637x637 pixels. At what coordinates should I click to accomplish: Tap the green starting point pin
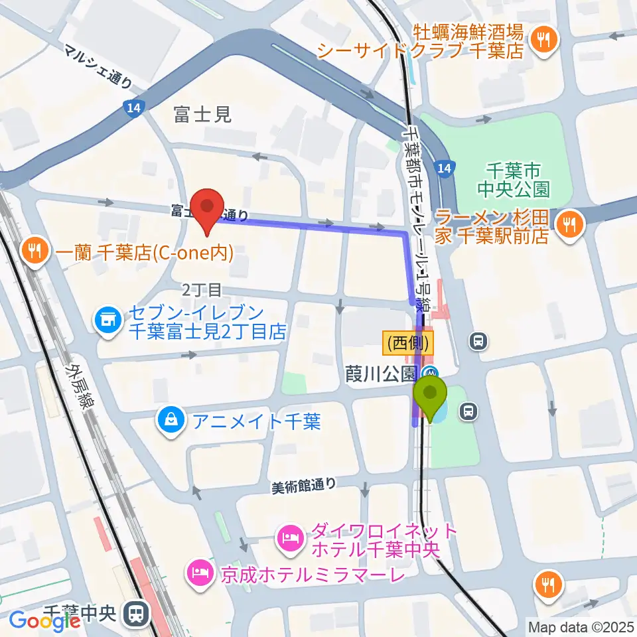pos(431,397)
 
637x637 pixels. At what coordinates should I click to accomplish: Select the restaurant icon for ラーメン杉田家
pos(568,224)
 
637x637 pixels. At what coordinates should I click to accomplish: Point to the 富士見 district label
pos(202,115)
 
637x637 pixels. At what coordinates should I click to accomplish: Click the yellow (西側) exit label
pos(408,343)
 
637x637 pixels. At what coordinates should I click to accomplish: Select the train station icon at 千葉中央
pos(137,612)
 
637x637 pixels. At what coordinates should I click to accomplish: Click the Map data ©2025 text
pos(581,626)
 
